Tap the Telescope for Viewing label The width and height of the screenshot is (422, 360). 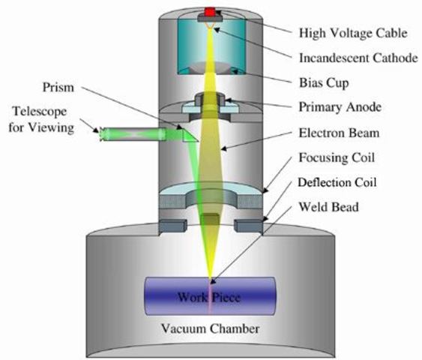tap(40, 119)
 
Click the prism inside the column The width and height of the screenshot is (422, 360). tap(190, 134)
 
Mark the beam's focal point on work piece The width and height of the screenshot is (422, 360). tap(211, 279)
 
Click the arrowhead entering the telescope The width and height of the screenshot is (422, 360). tap(100, 134)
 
